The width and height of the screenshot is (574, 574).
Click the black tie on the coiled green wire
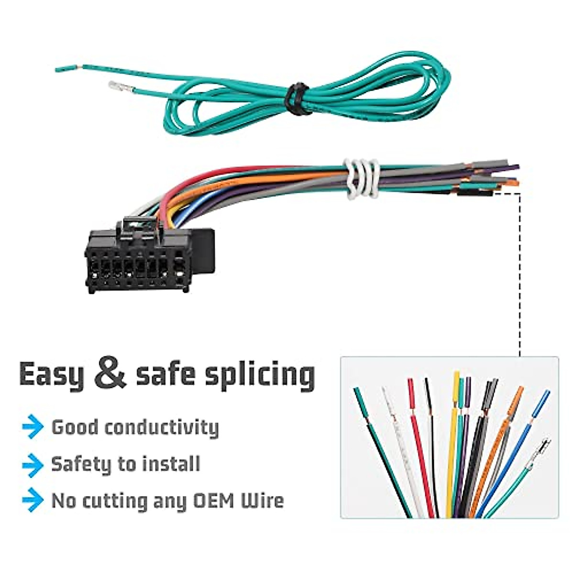296,99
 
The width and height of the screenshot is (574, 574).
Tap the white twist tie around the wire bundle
361,178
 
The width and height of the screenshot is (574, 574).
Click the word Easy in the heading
51,375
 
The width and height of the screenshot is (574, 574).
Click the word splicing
260,375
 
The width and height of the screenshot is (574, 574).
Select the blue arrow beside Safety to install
33,464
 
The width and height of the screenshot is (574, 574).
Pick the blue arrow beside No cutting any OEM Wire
33,500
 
